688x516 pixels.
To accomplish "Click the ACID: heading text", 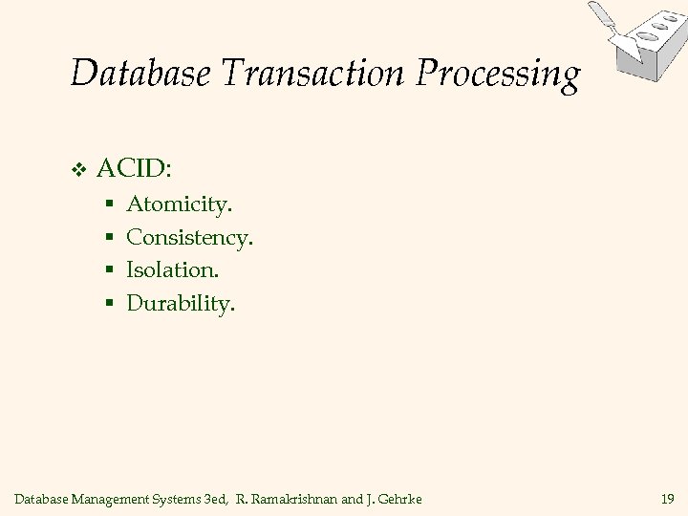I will pos(134,169).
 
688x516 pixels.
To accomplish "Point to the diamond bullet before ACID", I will pos(80,170).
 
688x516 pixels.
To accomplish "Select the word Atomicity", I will pos(179,204).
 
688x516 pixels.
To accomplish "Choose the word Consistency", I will pos(189,238).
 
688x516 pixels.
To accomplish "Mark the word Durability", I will pos(180,305).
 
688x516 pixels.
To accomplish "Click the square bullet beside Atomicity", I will pos(110,205).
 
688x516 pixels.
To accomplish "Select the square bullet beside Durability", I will pos(110,306).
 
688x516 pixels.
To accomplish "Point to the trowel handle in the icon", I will pos(601,13).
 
